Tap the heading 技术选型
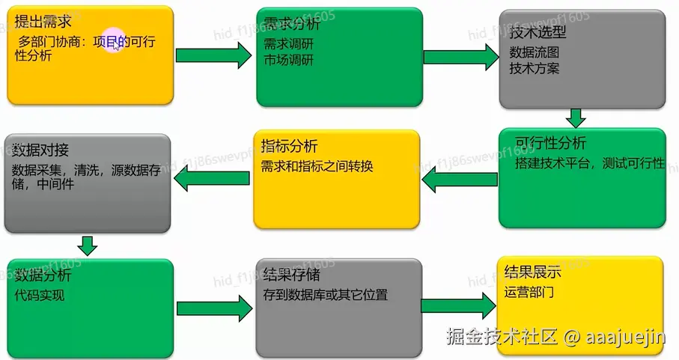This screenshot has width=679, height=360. pyautogui.click(x=538, y=33)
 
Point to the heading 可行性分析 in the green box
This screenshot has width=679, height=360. pyautogui.click(x=551, y=144)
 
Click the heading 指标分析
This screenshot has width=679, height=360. pyautogui.click(x=289, y=145)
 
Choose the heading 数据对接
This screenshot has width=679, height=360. pyautogui.click(x=41, y=148)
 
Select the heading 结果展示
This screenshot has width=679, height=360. pyautogui.click(x=533, y=272)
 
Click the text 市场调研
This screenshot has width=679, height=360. pyautogui.click(x=289, y=61)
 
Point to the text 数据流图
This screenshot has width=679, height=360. pyautogui.click(x=535, y=53)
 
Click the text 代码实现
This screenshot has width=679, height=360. pyautogui.click(x=40, y=295)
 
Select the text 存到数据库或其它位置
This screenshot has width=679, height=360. pyautogui.click(x=326, y=294)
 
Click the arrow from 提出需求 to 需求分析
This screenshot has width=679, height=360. pyautogui.click(x=214, y=55)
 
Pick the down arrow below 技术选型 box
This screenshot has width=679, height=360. pyautogui.click(x=575, y=118)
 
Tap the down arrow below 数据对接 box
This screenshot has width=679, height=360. pyautogui.click(x=88, y=245)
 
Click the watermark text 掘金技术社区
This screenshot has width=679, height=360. pyautogui.click(x=502, y=337)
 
